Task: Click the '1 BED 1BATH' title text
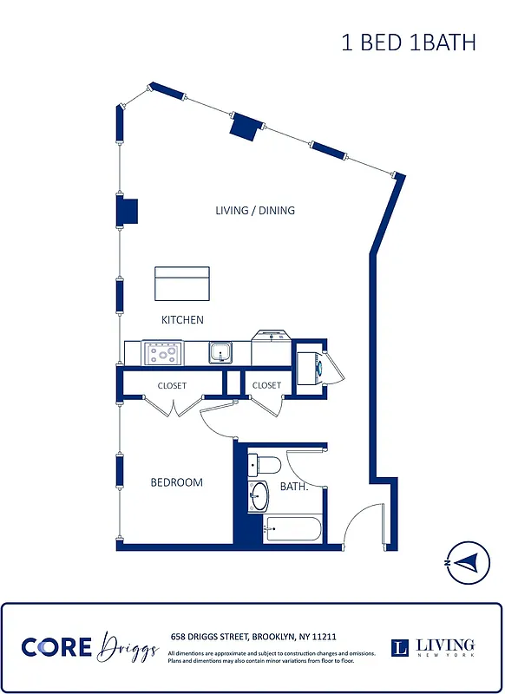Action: point(408,43)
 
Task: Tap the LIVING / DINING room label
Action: point(255,210)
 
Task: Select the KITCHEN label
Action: point(182,320)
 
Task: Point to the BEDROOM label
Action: point(176,482)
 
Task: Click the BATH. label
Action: point(294,487)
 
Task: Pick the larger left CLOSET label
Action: point(172,385)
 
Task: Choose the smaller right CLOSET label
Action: point(266,385)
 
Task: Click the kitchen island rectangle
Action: point(182,283)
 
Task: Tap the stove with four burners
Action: point(163,353)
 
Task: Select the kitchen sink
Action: point(219,353)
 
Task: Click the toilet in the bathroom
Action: point(264,464)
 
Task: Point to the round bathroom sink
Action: point(259,497)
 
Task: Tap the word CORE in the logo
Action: point(56,647)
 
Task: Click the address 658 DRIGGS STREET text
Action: point(253,636)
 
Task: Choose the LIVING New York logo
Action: point(434,647)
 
